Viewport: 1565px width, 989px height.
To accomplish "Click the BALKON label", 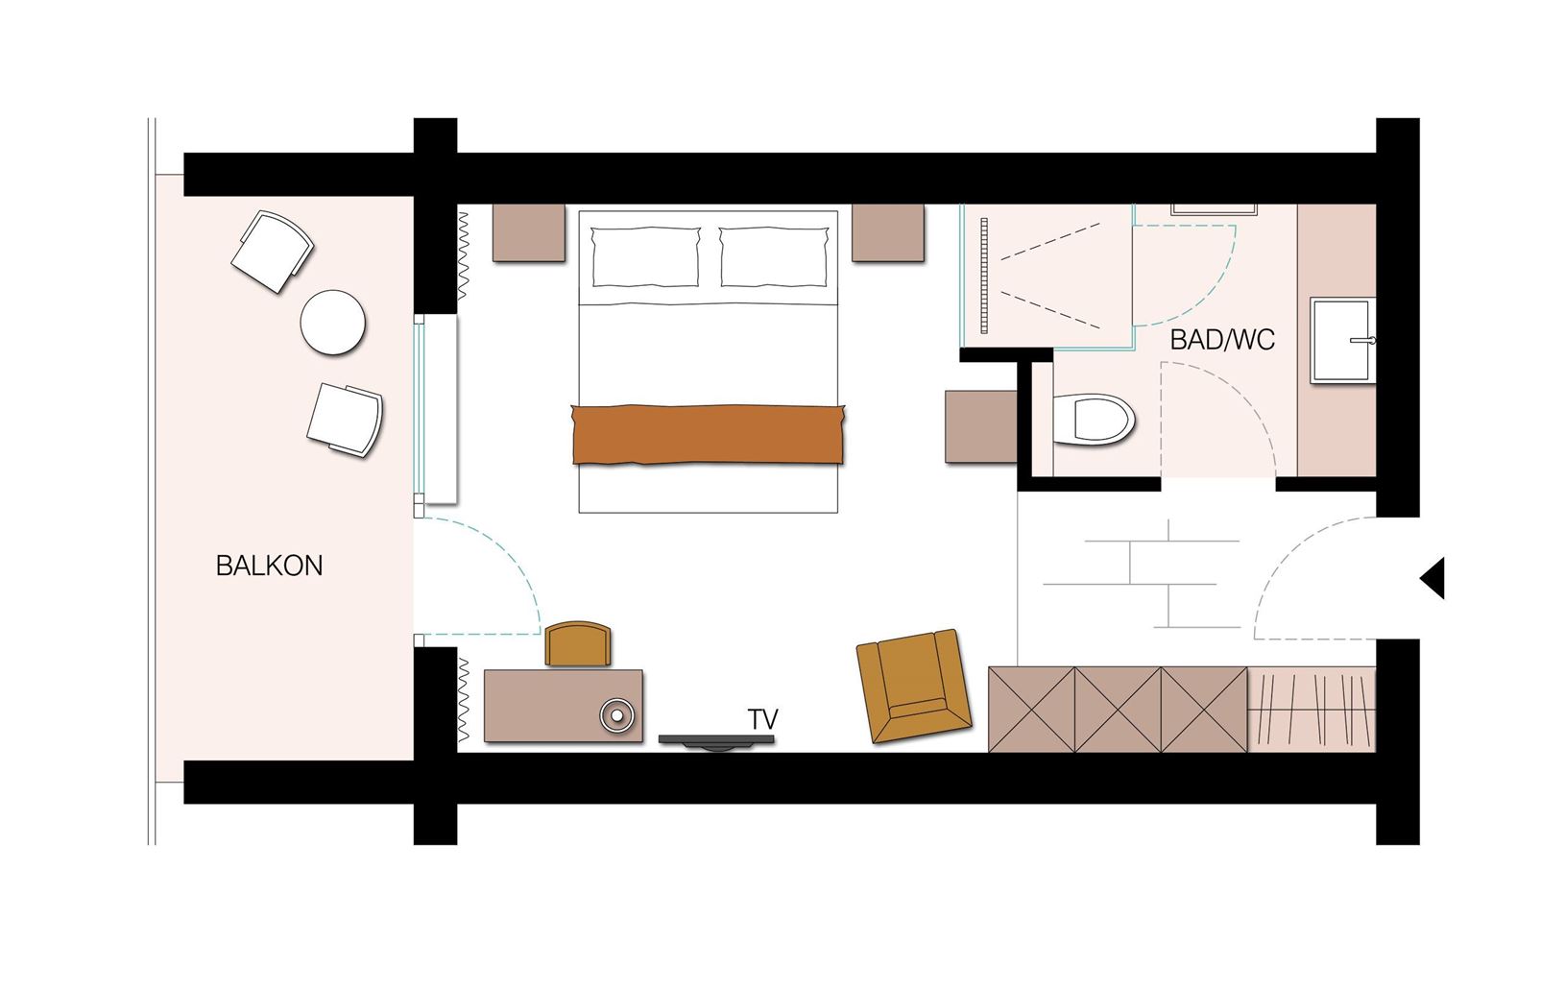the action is point(269,566).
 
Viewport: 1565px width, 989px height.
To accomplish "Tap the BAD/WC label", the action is point(1222,340).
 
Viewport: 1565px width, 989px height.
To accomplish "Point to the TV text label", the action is point(763,718).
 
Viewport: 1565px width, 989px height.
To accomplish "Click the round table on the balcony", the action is point(332,323).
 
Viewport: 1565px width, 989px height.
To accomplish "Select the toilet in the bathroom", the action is point(1094,421).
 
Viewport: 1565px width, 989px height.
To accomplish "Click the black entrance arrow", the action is point(1432,578).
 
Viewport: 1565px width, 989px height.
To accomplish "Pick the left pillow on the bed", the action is point(645,256).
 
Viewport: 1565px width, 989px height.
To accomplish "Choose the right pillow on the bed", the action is point(774,256).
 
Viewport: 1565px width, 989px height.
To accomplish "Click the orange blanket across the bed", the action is point(708,434).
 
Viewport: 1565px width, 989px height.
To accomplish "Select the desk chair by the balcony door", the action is point(578,643).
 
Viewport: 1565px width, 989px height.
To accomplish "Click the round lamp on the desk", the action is point(617,715).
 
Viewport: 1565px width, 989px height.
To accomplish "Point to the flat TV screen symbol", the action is point(717,741).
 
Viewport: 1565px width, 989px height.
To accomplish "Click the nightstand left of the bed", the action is point(529,232).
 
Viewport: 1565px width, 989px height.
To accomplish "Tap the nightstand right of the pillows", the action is point(888,232).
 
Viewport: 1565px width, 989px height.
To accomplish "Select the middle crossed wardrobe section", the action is point(1118,710).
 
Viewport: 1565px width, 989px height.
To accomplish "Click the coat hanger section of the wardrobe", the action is point(1312,710).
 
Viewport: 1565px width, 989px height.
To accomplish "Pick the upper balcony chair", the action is point(273,252).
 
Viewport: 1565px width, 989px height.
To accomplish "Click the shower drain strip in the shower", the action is point(984,276).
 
